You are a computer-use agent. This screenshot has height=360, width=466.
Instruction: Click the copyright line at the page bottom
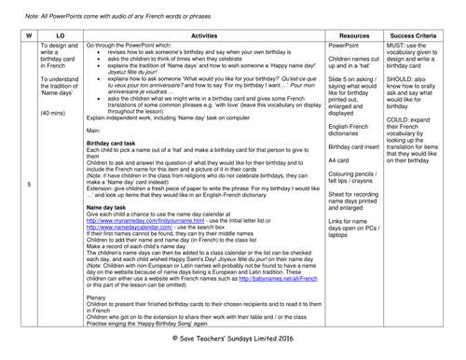pyautogui.click(x=232, y=347)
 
